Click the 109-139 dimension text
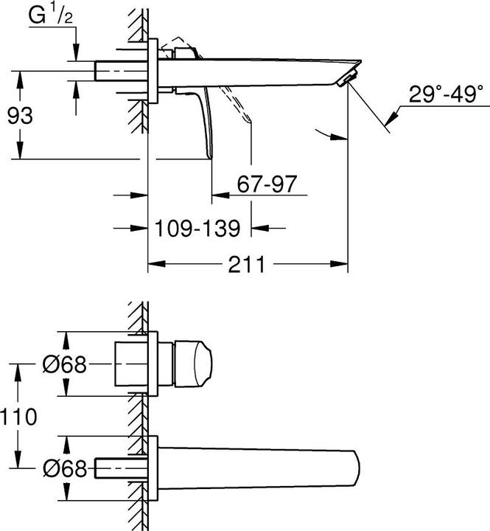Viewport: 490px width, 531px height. [198, 229]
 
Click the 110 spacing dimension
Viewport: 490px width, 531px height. [18, 417]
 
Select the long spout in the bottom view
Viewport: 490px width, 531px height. [258, 467]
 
